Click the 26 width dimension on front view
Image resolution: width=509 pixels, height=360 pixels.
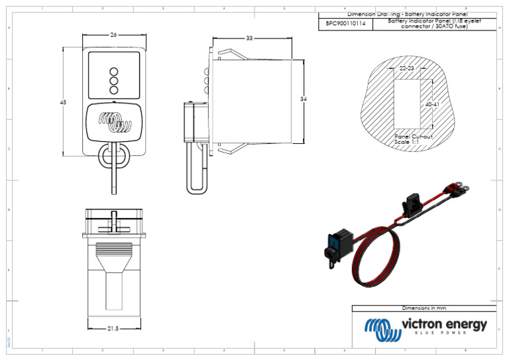pos(114,34)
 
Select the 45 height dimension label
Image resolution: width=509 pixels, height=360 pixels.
pos(63,103)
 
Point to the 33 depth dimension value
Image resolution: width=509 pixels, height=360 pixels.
pos(249,38)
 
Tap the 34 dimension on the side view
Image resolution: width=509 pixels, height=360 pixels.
pos(303,99)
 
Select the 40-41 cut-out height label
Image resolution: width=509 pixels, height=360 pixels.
pos(432,105)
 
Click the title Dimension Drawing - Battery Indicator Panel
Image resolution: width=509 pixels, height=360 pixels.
pos(406,14)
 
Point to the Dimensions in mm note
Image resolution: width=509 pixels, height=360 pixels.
pos(424,308)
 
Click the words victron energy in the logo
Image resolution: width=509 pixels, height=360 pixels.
pos(444,325)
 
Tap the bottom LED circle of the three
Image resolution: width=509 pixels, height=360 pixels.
pos(113,89)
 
